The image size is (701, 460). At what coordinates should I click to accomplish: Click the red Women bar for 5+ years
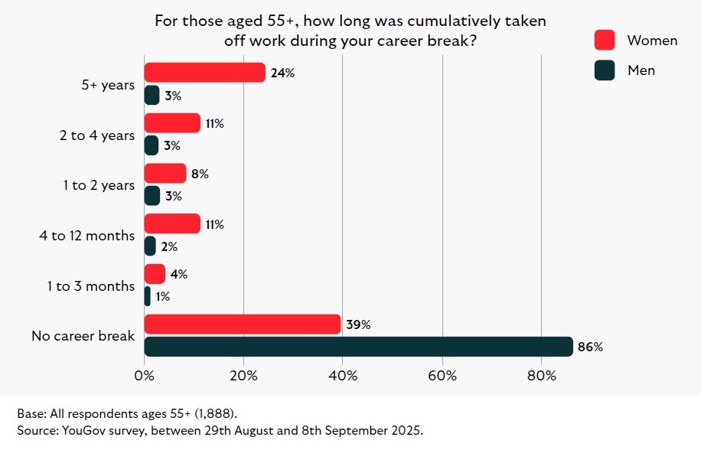pyautogui.click(x=204, y=73)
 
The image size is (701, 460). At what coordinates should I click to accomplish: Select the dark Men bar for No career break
pyautogui.click(x=358, y=347)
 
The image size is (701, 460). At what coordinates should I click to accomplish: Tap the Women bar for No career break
pyautogui.click(x=242, y=325)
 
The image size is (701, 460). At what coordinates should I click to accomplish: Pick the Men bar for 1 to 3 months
pyautogui.click(x=148, y=296)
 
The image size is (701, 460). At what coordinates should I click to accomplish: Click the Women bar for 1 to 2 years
pyautogui.click(x=165, y=174)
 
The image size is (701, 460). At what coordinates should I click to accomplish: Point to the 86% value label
pyautogui.click(x=590, y=347)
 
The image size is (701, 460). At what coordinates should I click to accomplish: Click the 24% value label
pyautogui.click(x=282, y=73)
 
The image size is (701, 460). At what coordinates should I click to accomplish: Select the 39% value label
pyautogui.click(x=357, y=325)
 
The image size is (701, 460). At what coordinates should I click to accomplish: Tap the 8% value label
pyautogui.click(x=200, y=174)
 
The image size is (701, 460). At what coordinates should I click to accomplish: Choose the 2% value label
pyautogui.click(x=169, y=246)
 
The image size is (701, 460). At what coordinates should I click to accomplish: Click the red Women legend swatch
pyautogui.click(x=605, y=40)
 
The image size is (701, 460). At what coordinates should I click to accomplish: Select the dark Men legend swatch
pyautogui.click(x=605, y=70)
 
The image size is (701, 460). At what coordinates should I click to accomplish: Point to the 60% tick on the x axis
pyautogui.click(x=442, y=376)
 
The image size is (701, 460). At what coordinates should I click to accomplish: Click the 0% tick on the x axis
pyautogui.click(x=144, y=376)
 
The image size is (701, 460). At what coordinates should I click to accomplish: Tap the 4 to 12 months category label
pyautogui.click(x=87, y=236)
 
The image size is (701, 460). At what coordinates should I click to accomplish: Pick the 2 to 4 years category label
pyautogui.click(x=97, y=135)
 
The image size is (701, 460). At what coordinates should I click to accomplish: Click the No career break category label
pyautogui.click(x=83, y=336)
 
